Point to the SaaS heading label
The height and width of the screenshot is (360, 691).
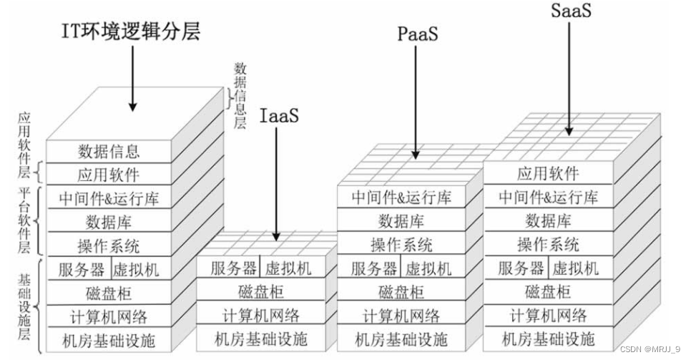[571, 11]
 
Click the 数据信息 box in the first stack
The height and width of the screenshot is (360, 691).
[109, 151]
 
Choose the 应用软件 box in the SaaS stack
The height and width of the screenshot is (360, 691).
[548, 173]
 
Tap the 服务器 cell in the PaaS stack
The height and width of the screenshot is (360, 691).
[373, 268]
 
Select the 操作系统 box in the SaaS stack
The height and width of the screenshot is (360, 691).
[548, 244]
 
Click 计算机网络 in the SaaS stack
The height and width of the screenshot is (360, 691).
[548, 315]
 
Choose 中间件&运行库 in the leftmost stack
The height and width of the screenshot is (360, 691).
[109, 198]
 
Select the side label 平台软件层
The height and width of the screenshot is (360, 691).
[24, 220]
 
